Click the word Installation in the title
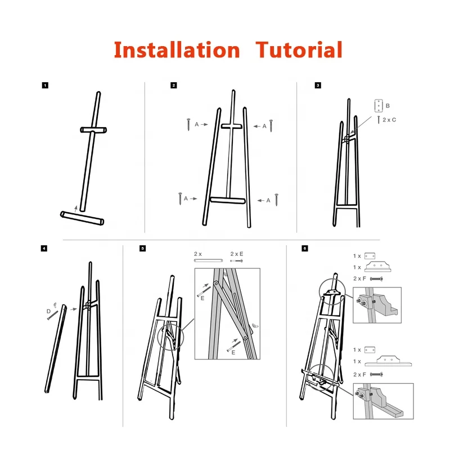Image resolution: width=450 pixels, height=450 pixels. coord(176,50)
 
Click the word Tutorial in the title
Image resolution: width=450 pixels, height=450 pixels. coord(299,50)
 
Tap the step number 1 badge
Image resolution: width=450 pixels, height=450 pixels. coord(45,85)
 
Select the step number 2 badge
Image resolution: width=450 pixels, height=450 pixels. coord(174,85)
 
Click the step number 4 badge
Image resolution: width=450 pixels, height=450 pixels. coord(45,248)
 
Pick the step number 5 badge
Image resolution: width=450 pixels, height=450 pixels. coord(142,248)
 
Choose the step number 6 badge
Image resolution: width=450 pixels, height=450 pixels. coord(304,248)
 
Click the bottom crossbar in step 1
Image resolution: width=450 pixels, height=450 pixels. coord(82,218)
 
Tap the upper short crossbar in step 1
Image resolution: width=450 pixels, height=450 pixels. coord(93,130)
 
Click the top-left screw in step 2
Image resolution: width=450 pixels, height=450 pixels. coord(189,124)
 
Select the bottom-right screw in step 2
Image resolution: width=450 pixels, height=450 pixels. coord(276,199)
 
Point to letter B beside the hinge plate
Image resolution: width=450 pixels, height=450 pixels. coord(388,106)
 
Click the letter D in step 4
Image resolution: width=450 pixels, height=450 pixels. coord(48,310)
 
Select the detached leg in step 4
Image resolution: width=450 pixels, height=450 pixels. coord(57,349)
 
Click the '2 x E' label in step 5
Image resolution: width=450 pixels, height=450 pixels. coord(236,254)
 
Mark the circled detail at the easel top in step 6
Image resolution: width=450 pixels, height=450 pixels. coord(332,290)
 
